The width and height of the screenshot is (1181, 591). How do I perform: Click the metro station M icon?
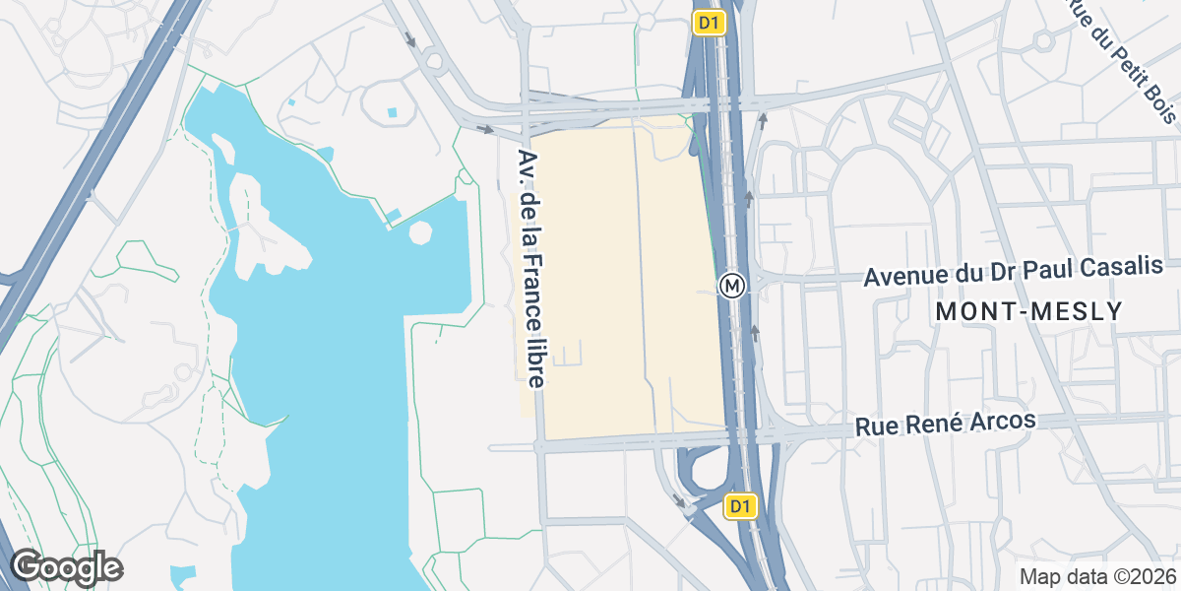731,286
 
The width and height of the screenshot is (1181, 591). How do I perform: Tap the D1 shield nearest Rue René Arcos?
741,506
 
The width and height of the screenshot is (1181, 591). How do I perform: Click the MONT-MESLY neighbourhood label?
1028,312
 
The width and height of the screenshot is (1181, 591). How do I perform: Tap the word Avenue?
908,278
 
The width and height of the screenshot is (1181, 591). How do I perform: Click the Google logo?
66,568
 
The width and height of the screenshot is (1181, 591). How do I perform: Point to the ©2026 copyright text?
1144,576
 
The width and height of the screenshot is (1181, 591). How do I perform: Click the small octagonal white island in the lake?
420,234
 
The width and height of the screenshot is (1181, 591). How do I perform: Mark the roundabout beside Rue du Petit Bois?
1043,41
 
